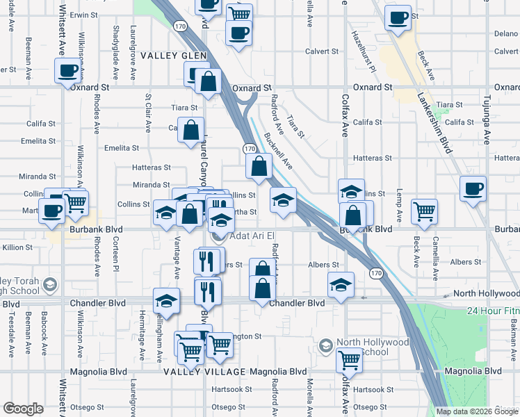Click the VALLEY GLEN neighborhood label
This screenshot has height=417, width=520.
(169, 56)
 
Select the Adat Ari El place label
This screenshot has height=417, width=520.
(249, 237)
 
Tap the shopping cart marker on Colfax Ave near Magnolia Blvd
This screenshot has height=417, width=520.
(349, 359)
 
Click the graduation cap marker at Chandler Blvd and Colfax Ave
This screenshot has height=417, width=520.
(340, 285)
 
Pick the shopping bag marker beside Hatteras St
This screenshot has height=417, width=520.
(259, 166)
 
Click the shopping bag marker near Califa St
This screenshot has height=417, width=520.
(190, 129)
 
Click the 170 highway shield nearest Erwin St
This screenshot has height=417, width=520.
(180, 25)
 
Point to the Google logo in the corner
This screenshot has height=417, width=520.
(22, 409)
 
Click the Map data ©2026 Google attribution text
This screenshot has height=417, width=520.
(476, 411)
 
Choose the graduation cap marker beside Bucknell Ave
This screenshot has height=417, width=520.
(283, 199)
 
